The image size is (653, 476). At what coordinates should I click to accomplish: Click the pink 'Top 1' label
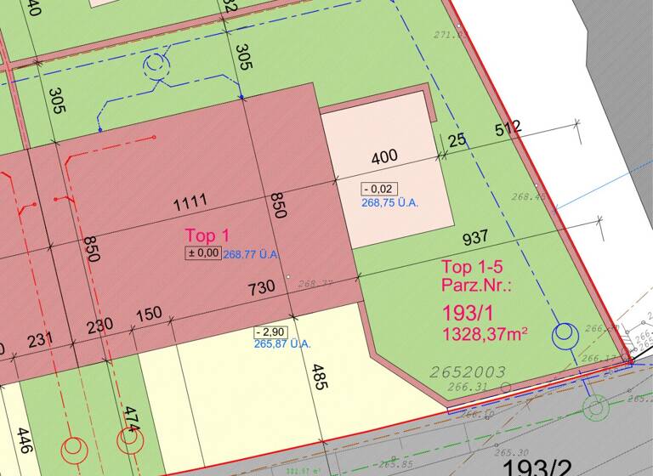click(x=207, y=235)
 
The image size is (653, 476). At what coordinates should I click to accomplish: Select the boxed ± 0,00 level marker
click(x=203, y=252)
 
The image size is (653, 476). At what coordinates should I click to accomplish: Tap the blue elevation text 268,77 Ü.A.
click(x=252, y=253)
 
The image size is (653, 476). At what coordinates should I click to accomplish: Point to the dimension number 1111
click(x=190, y=204)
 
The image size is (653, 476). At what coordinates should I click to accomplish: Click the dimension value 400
click(x=384, y=157)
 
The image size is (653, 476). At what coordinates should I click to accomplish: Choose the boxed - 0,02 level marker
click(x=378, y=189)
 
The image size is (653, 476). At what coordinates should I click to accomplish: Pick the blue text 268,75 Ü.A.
click(x=390, y=203)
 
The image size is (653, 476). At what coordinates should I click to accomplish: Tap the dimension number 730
click(x=261, y=288)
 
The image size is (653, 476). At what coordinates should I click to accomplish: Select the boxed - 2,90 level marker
click(x=270, y=331)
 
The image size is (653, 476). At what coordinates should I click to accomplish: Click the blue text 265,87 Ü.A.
click(x=282, y=344)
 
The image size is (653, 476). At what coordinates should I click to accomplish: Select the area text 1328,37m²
click(x=484, y=333)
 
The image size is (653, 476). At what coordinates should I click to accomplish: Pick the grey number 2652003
click(x=468, y=372)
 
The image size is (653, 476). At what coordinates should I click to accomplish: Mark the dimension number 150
click(x=148, y=314)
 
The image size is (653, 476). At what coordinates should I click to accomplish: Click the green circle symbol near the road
click(x=596, y=410)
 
